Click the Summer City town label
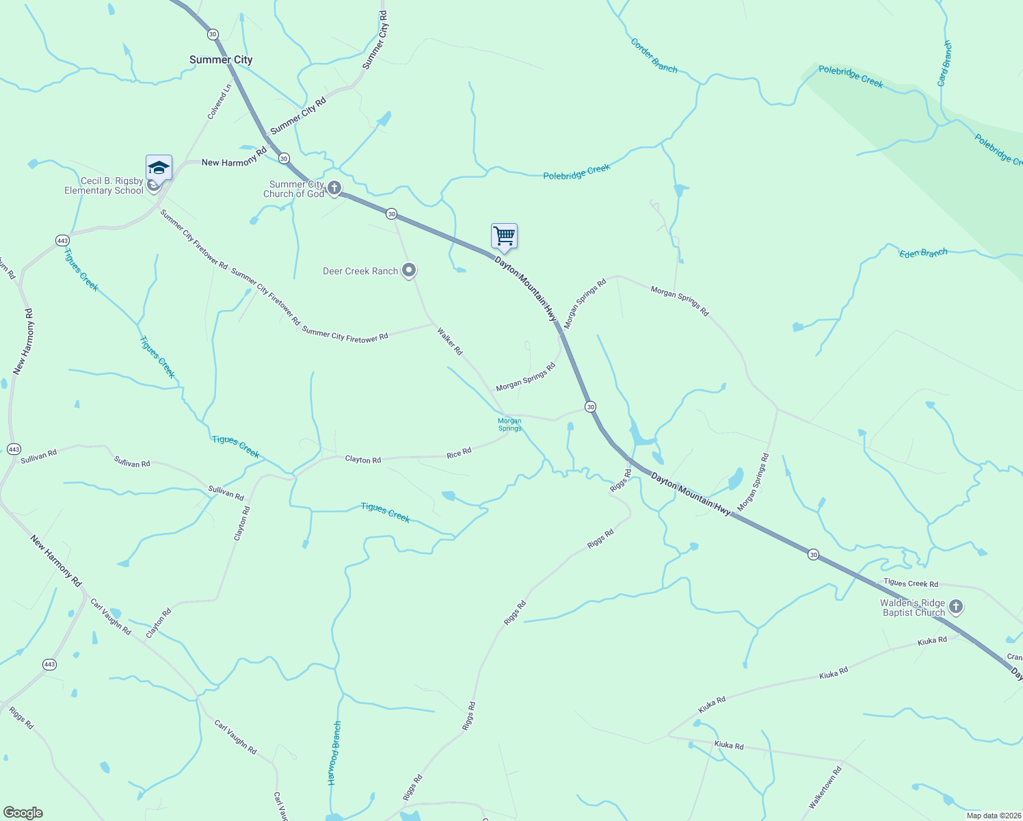pyautogui.click(x=221, y=60)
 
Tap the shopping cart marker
pyautogui.click(x=504, y=237)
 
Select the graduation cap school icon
pyautogui.click(x=159, y=168)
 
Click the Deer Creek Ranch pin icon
pyautogui.click(x=409, y=271)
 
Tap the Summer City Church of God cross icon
pyautogui.click(x=334, y=187)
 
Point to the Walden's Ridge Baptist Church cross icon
pyautogui.click(x=956, y=606)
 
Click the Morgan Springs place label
pyautogui.click(x=509, y=425)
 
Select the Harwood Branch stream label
pyautogui.click(x=333, y=753)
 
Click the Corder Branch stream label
pyautogui.click(x=654, y=56)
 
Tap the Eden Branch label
pyautogui.click(x=923, y=253)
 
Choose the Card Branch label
pyautogui.click(x=944, y=63)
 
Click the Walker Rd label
pyautogui.click(x=450, y=341)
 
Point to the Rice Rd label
pyautogui.click(x=459, y=453)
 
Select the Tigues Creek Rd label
pyautogui.click(x=911, y=583)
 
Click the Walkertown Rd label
pyautogui.click(x=825, y=788)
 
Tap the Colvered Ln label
pyautogui.click(x=220, y=101)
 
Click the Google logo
pyautogui.click(x=23, y=813)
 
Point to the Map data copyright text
pyautogui.click(x=994, y=816)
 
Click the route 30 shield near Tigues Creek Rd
pyautogui.click(x=813, y=554)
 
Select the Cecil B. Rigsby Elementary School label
pyautogui.click(x=104, y=186)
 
